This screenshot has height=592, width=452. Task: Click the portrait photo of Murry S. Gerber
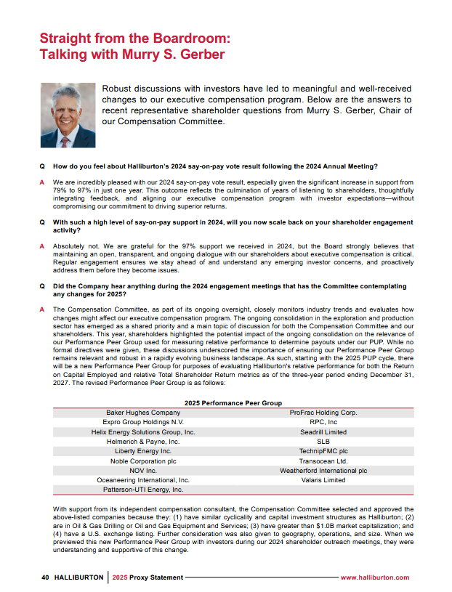coord(67,115)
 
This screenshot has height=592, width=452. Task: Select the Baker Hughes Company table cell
coord(143,413)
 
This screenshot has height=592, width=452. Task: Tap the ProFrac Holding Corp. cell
coord(323,413)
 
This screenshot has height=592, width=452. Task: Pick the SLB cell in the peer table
coord(323,441)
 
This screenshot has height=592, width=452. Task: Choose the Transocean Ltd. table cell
coord(323,461)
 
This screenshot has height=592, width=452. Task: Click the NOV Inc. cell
coord(143,470)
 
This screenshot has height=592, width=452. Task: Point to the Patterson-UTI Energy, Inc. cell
coord(143,490)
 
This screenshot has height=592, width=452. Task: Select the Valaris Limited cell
coord(323,480)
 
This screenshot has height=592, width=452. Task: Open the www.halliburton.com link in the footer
coord(374,577)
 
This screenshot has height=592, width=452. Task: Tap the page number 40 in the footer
coord(45,577)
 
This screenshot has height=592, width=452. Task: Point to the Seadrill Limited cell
coord(323,431)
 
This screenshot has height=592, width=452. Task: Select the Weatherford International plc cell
coord(323,470)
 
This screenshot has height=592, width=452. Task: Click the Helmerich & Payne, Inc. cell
coord(143,441)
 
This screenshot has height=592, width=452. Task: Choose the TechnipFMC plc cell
coord(323,451)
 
